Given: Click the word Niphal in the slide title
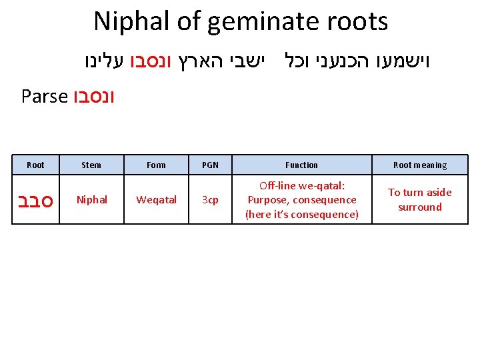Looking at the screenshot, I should click(x=131, y=21).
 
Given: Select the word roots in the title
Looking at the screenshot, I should click(x=357, y=21).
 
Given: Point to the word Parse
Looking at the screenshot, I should click(x=45, y=97).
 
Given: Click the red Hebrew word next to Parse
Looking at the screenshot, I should click(x=94, y=97).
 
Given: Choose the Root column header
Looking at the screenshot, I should click(x=35, y=165).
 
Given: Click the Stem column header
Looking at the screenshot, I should click(x=91, y=165).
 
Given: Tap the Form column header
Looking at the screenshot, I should click(x=156, y=165).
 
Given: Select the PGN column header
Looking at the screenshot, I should click(x=210, y=165).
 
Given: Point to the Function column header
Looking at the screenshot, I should click(x=301, y=165).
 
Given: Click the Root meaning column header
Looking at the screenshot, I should click(x=420, y=165).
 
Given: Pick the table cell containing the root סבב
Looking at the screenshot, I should click(x=35, y=199).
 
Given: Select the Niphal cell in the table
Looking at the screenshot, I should click(x=91, y=199).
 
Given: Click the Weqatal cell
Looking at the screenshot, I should click(x=156, y=199).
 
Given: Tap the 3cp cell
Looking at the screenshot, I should click(x=210, y=199).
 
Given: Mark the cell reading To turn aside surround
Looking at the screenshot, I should click(x=420, y=199).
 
